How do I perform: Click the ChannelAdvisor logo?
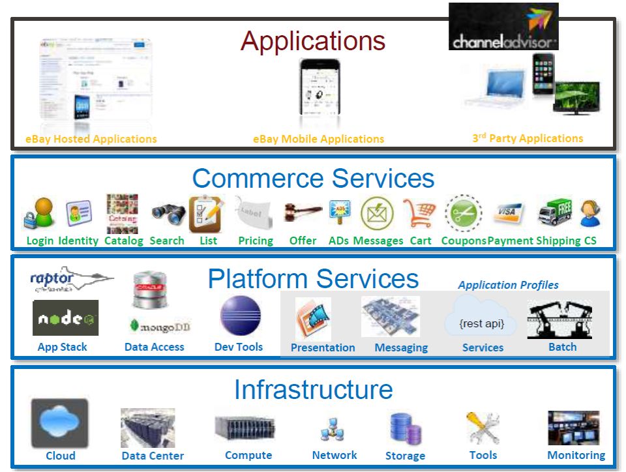[503, 27]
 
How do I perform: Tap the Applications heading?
[313, 41]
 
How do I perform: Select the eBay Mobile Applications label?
[318, 139]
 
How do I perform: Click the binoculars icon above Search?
[168, 213]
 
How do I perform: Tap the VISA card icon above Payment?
[508, 213]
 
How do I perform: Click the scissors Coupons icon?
[463, 213]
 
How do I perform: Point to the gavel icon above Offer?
[303, 212]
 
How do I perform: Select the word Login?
[40, 241]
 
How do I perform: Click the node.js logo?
[65, 318]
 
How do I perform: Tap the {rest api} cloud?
[483, 319]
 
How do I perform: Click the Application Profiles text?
[508, 285]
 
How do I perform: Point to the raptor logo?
[70, 280]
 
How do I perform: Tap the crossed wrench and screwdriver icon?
[483, 428]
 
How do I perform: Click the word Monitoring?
[576, 455]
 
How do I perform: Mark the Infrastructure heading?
[313, 390]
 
